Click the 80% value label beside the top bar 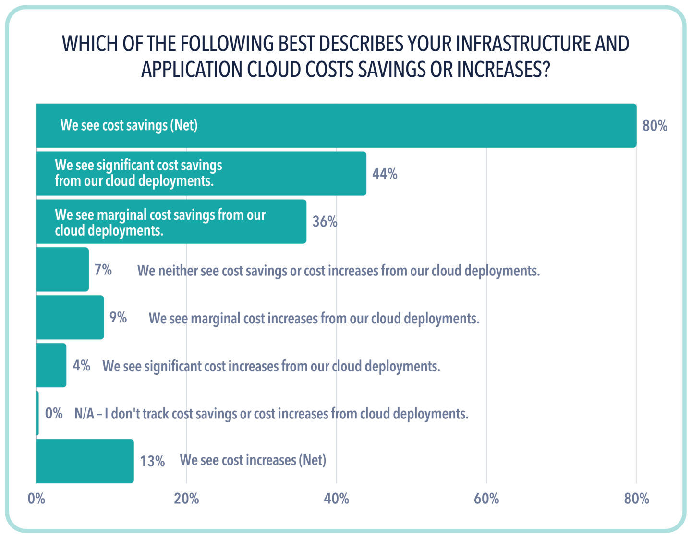click(655, 126)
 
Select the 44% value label click(385, 174)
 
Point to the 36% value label click(325, 222)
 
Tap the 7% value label click(103, 270)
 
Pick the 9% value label click(118, 318)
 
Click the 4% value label click(81, 366)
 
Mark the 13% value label click(152, 461)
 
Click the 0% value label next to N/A click(54, 414)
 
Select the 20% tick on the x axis click(186, 499)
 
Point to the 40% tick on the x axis click(336, 499)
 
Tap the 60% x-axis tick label click(486, 499)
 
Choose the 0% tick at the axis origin click(36, 499)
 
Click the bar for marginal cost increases click(70, 317)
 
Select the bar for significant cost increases click(51, 365)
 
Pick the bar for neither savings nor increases click(62, 269)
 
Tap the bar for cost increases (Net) click(85, 461)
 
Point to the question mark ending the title click(545, 70)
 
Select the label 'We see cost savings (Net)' click(129, 125)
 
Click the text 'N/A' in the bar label click(84, 414)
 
